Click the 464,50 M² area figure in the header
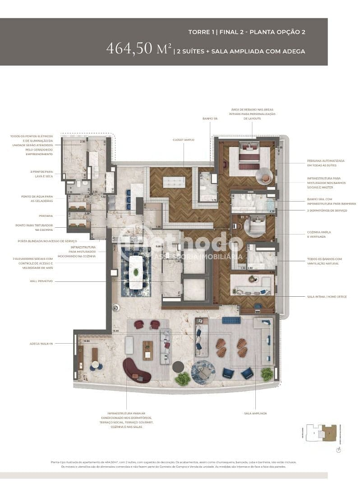[x=138, y=49]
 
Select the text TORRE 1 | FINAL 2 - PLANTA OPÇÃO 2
[x=247, y=32]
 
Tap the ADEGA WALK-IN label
[x=42, y=344]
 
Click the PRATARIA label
[x=46, y=216]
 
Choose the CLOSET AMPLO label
[x=183, y=140]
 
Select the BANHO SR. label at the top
[x=210, y=119]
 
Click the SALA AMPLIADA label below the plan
[x=255, y=413]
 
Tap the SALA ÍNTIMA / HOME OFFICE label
[x=327, y=297]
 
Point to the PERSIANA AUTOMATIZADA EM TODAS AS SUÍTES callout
[x=326, y=163]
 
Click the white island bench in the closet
[x=174, y=182]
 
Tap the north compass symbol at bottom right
[x=338, y=450]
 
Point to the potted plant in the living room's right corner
[x=267, y=374]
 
